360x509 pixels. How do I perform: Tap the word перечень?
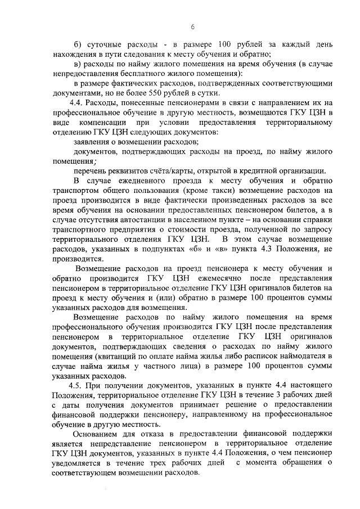tap(91, 170)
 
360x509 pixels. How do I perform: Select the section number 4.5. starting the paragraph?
tap(78, 386)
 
